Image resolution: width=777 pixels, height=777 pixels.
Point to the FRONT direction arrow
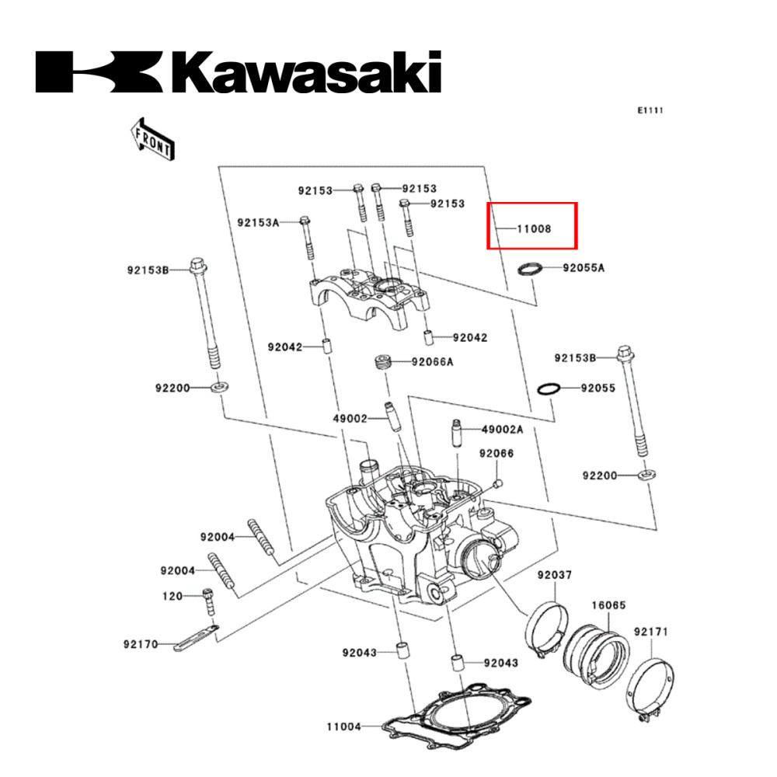pyautogui.click(x=152, y=138)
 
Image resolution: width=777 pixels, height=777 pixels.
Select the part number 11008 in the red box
pyautogui.click(x=535, y=229)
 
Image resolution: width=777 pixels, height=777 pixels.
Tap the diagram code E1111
pyautogui.click(x=650, y=111)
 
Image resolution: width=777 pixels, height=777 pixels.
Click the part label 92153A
pyautogui.click(x=258, y=222)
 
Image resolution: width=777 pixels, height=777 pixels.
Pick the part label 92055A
pyautogui.click(x=584, y=268)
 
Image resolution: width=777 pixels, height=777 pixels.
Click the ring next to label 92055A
pyautogui.click(x=531, y=269)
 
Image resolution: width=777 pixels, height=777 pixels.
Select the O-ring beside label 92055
pyautogui.click(x=549, y=388)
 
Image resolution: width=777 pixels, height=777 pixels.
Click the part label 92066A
pyautogui.click(x=432, y=361)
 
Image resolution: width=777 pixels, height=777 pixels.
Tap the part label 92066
pyautogui.click(x=496, y=453)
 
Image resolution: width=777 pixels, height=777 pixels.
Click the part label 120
pyautogui.click(x=172, y=596)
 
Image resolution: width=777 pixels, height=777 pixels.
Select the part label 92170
pyautogui.click(x=140, y=644)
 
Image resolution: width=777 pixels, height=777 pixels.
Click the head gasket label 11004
pyautogui.click(x=343, y=727)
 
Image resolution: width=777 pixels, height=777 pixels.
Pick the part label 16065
pyautogui.click(x=608, y=605)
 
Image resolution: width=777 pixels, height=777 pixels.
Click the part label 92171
pyautogui.click(x=650, y=632)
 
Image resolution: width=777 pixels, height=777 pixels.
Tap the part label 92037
pyautogui.click(x=555, y=575)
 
